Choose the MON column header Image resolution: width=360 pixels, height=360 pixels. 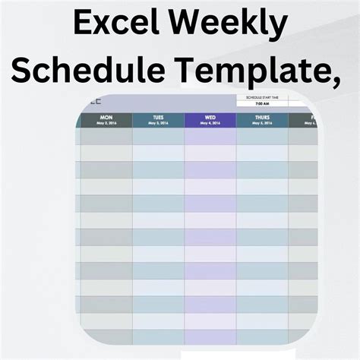pyautogui.click(x=106, y=118)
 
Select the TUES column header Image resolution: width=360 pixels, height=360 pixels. pyautogui.click(x=158, y=118)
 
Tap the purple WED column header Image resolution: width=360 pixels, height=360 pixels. pyautogui.click(x=210, y=118)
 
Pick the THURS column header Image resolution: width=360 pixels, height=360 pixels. pyautogui.click(x=262, y=118)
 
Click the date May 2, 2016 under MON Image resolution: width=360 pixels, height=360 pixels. pyautogui.click(x=106, y=124)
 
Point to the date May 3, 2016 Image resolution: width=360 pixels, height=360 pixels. pyautogui.click(x=158, y=124)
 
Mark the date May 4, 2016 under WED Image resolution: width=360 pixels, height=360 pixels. pyautogui.click(x=210, y=124)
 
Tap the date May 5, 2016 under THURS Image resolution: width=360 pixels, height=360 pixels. pyautogui.click(x=262, y=124)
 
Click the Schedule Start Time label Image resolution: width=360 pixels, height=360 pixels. pyautogui.click(x=262, y=98)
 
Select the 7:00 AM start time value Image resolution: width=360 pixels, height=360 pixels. pyautogui.click(x=262, y=105)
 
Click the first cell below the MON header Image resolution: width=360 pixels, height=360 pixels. pyautogui.click(x=106, y=136)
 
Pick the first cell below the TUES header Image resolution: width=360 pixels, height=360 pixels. pyautogui.click(x=158, y=136)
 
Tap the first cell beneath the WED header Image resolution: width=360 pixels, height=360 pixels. pyautogui.click(x=210, y=136)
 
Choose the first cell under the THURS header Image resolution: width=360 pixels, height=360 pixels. pyautogui.click(x=262, y=136)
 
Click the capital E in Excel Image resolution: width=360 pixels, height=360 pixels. pyautogui.click(x=83, y=25)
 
